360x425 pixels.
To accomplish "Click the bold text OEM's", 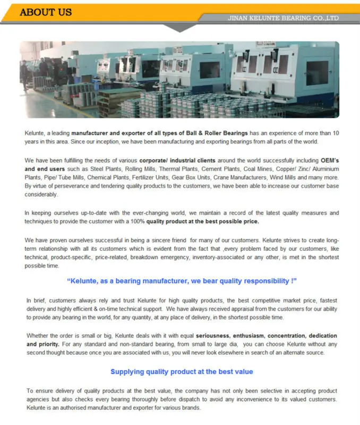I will point(330,160).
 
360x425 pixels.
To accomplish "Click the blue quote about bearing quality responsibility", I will point(182,280).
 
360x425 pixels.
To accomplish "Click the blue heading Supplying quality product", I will point(182,371).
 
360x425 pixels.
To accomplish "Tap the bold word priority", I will point(48,344).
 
